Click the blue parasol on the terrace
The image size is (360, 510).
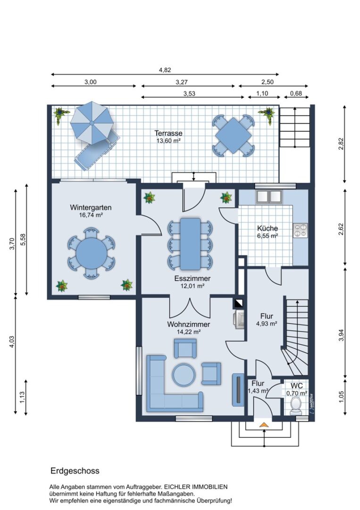click(92, 123)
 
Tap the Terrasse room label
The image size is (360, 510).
click(168, 133)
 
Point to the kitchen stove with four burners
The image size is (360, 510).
click(300, 229)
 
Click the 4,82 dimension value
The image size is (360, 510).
click(165, 69)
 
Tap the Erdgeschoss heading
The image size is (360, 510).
click(75, 471)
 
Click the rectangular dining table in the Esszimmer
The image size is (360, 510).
click(191, 244)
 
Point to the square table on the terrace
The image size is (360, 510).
click(233, 136)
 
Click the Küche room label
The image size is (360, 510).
click(268, 229)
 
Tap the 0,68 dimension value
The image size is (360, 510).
click(296, 93)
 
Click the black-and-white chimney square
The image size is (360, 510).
click(238, 303)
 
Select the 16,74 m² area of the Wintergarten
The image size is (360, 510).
click(91, 215)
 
